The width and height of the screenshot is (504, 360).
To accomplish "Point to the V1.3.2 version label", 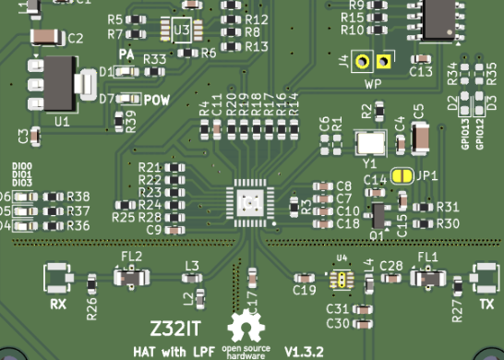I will [x=306, y=352].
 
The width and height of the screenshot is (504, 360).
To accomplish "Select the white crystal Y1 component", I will [x=371, y=142].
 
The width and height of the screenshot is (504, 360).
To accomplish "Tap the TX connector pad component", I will [x=483, y=276].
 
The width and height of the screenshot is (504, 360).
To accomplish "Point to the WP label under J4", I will [x=374, y=83].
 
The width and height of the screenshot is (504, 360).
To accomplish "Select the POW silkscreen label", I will [x=157, y=100].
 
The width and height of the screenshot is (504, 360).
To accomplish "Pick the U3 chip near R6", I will [x=184, y=31].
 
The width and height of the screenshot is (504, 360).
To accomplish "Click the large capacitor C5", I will [x=420, y=139].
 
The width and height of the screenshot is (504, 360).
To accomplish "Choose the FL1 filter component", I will [x=427, y=276].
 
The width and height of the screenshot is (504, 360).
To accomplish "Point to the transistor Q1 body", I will [x=377, y=215].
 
